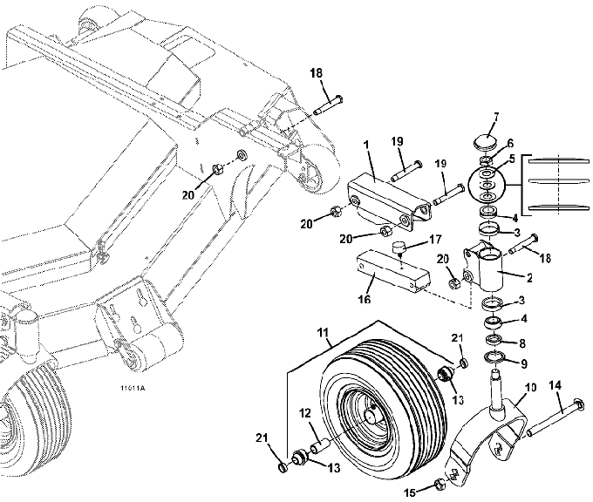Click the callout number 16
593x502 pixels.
[365, 299]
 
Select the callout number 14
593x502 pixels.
[556, 383]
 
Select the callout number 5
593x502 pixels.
[513, 159]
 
